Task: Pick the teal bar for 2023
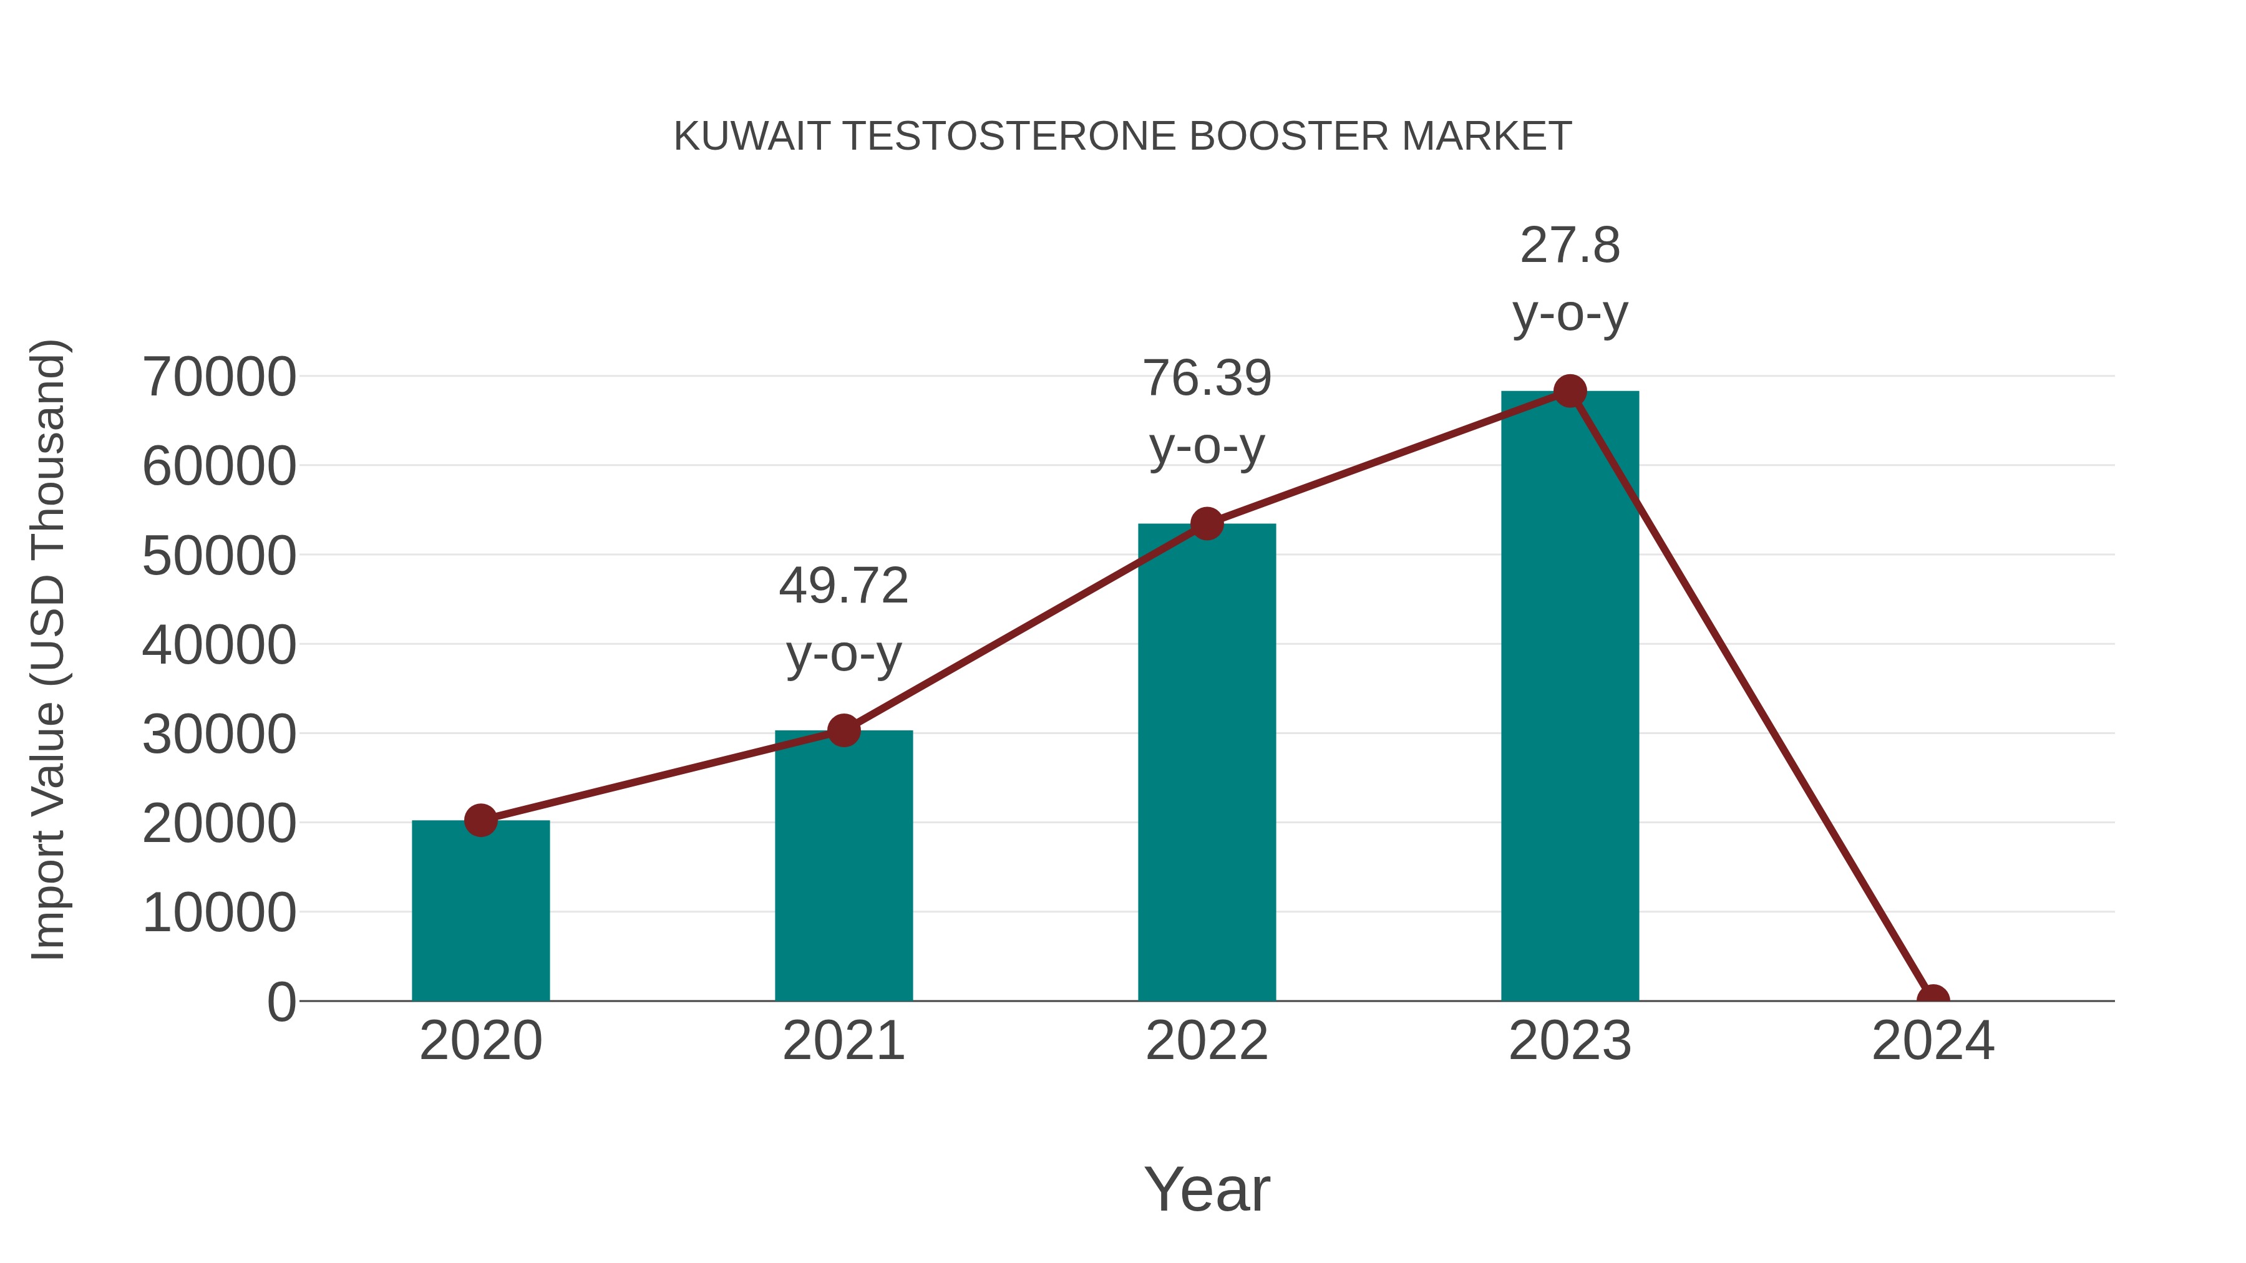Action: [x=1570, y=697]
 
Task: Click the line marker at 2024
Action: [x=1933, y=999]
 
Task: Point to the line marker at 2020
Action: [x=480, y=820]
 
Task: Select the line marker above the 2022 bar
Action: [x=1207, y=524]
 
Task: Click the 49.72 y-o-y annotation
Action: [x=843, y=619]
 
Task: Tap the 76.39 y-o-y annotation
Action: [x=1207, y=412]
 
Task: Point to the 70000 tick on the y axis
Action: [x=219, y=377]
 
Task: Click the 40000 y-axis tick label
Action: [x=219, y=646]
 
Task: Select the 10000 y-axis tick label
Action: [x=219, y=914]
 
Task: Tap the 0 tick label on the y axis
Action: [x=281, y=1002]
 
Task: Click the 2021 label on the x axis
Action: [x=843, y=1041]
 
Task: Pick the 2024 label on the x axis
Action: [x=1933, y=1041]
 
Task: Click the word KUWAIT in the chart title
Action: [x=751, y=137]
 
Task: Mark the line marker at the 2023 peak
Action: [x=1570, y=391]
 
